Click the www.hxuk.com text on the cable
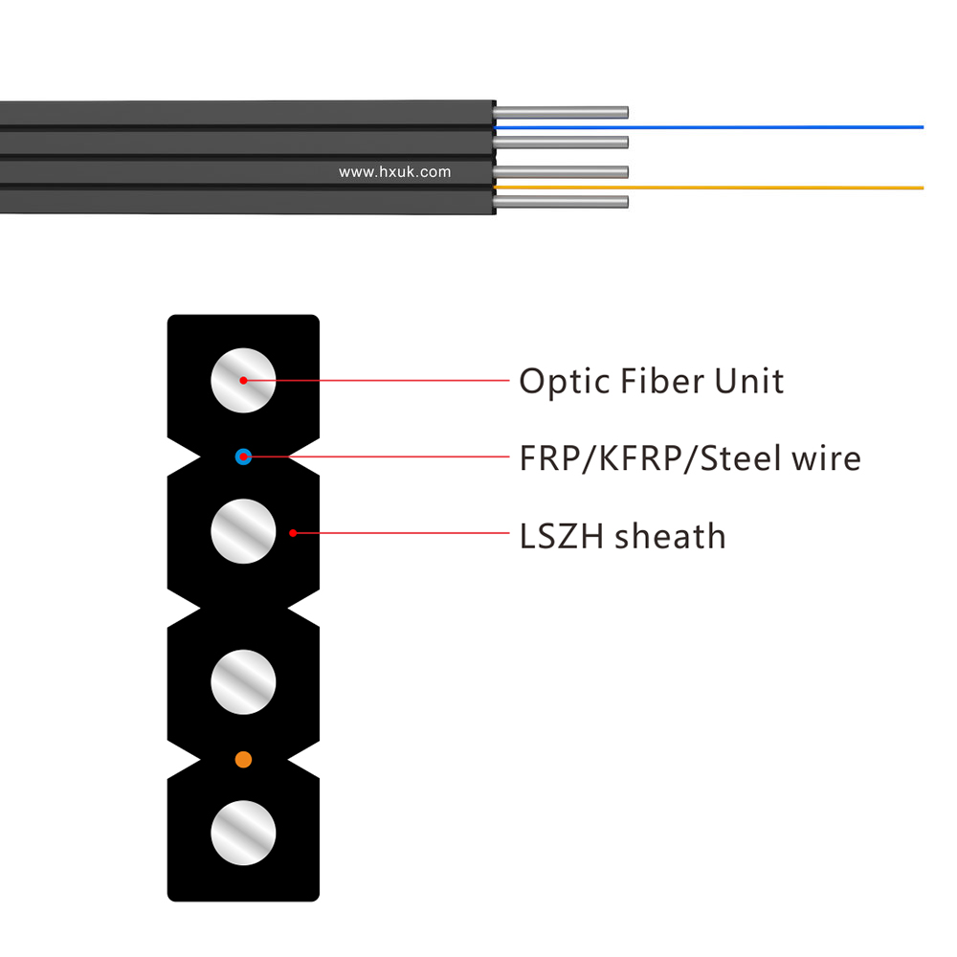[395, 172]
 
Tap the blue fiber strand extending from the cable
[708, 127]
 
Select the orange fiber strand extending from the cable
[708, 188]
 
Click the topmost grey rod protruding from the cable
[560, 112]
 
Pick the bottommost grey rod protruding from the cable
[560, 201]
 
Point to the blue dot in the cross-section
[243, 456]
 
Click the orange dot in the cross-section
[243, 759]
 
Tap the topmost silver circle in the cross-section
[243, 380]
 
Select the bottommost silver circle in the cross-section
[243, 834]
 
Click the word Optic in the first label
[565, 382]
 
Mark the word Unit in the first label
[749, 381]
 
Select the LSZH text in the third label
[562, 537]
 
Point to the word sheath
[670, 536]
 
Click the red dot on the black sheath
[293, 533]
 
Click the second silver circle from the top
[243, 531]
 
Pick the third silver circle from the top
[243, 681]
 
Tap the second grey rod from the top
[560, 143]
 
